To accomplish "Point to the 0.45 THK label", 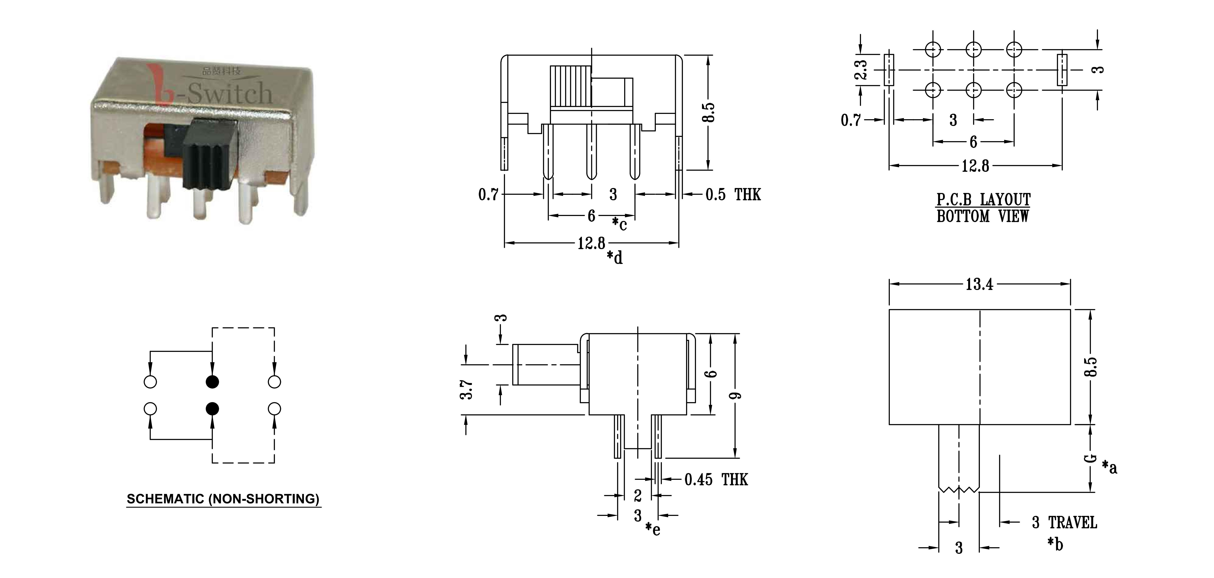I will click(x=716, y=480).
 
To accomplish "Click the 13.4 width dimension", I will click(x=979, y=284).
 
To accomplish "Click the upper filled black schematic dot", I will click(x=213, y=382).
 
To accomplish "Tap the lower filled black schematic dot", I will click(x=213, y=408).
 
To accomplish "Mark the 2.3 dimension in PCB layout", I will click(x=860, y=69).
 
